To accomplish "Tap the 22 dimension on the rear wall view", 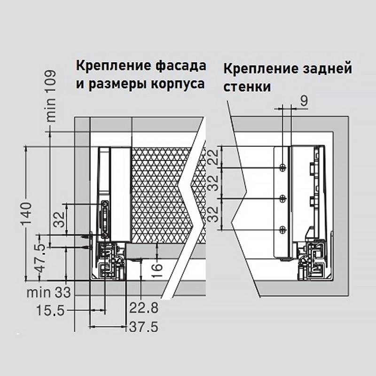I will coord(214,157).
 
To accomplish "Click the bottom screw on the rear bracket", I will coord(282,229).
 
